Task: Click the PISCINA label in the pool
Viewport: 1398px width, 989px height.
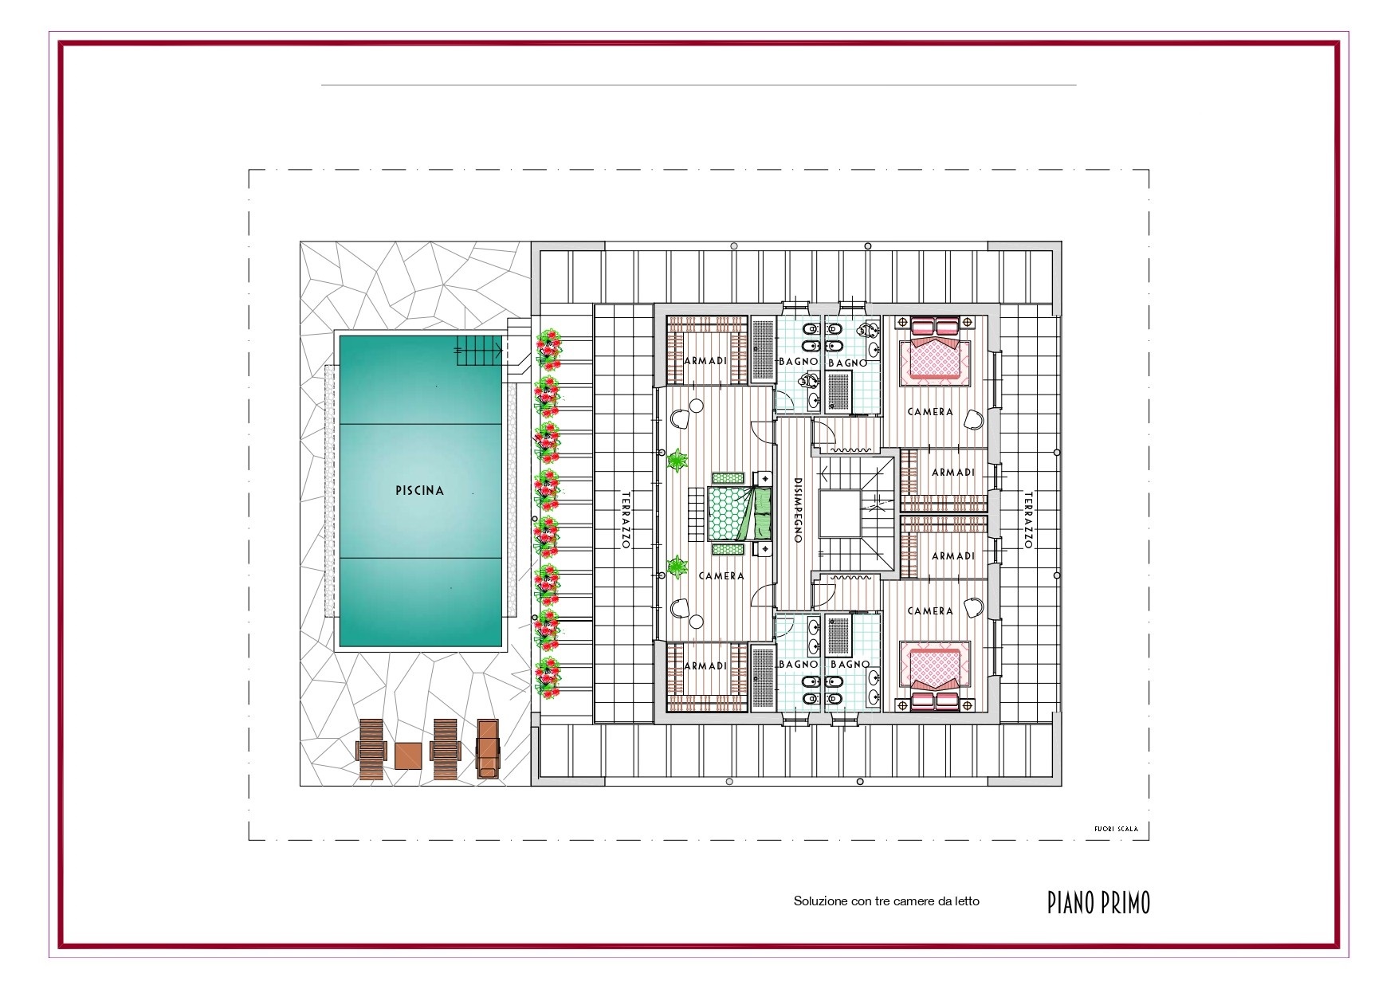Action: click(x=419, y=491)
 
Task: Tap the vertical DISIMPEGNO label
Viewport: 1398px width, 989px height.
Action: click(x=798, y=510)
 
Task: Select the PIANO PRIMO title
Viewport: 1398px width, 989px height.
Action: click(x=1099, y=902)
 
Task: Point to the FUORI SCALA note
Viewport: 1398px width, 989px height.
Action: click(x=1116, y=829)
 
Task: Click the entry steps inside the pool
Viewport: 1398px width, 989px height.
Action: click(x=481, y=351)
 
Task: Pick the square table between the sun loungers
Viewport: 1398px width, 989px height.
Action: click(x=407, y=755)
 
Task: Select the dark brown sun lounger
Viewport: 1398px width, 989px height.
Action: click(x=488, y=748)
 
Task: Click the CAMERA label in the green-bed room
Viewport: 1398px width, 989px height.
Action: click(x=721, y=576)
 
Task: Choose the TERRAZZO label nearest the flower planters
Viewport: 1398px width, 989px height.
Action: click(x=626, y=520)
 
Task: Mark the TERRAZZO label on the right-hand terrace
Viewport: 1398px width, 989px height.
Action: click(x=1028, y=520)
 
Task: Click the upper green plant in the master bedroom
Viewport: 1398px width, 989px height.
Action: click(x=677, y=460)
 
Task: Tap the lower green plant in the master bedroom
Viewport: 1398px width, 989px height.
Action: click(x=677, y=567)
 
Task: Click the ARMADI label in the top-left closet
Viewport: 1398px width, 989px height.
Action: click(x=705, y=361)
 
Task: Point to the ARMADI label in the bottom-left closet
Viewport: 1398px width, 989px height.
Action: click(x=705, y=665)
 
